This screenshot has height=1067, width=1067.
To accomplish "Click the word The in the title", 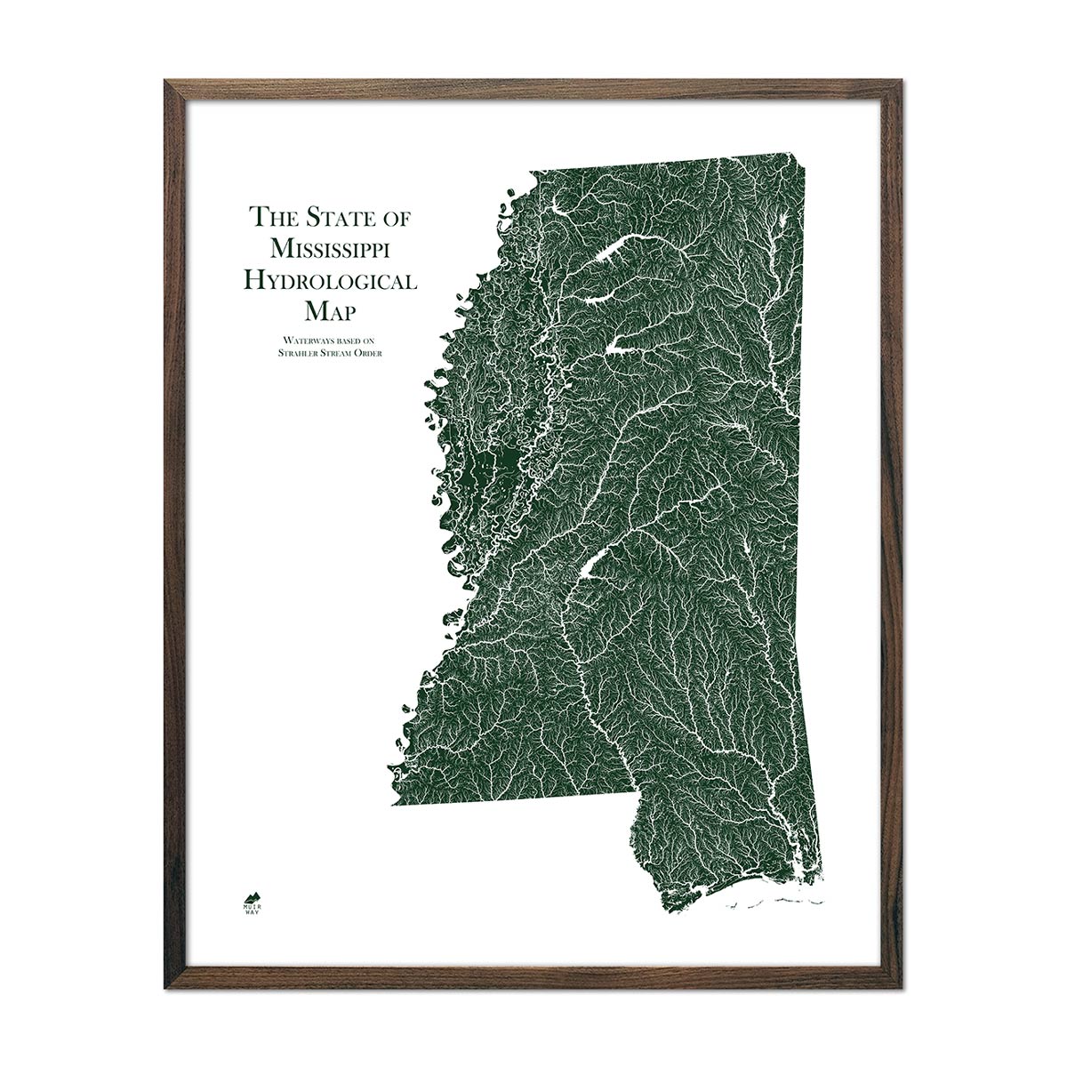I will (x=271, y=216).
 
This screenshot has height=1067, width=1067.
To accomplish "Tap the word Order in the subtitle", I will (x=378, y=353).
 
